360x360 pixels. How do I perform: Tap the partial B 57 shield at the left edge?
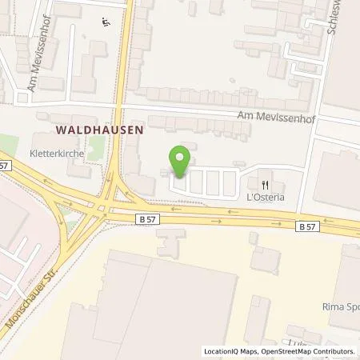[x=4, y=165]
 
